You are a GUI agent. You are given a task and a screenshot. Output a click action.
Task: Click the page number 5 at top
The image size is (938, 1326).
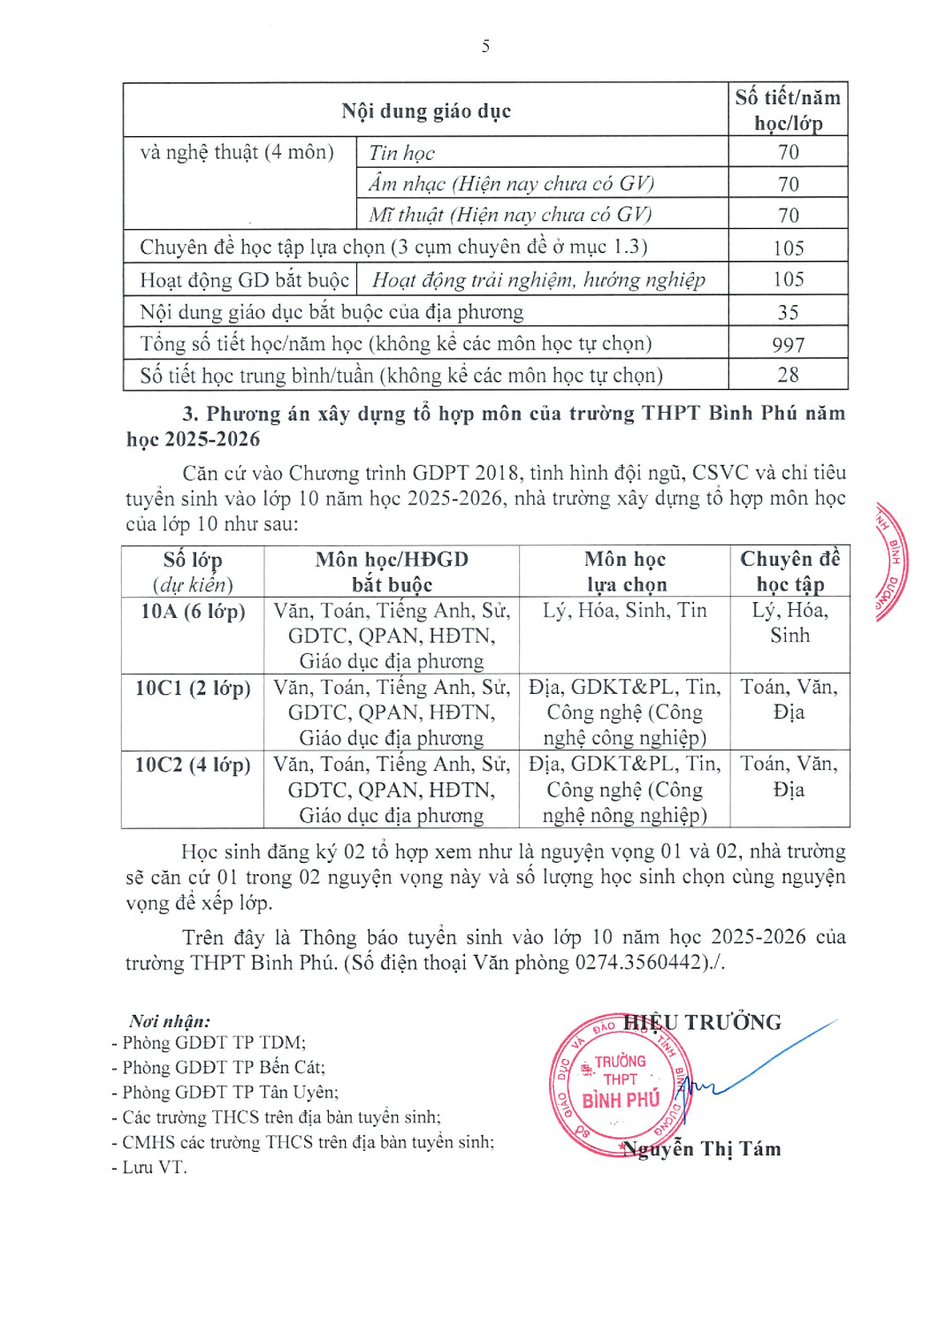[x=485, y=46]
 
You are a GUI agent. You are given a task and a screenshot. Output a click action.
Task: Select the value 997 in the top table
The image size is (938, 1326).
[x=788, y=345]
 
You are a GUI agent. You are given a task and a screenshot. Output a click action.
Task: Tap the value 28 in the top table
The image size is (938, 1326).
[x=788, y=375]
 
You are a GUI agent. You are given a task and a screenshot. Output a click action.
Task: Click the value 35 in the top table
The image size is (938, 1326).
[x=788, y=313]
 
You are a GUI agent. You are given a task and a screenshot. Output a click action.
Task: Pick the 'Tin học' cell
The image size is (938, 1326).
[x=402, y=153]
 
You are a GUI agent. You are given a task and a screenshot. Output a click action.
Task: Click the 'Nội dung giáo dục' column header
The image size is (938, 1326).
[x=426, y=111]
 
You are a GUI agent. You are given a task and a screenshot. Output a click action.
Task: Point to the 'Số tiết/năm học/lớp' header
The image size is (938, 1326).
[x=788, y=110]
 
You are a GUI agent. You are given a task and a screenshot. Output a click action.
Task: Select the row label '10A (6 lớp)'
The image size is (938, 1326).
[x=193, y=611]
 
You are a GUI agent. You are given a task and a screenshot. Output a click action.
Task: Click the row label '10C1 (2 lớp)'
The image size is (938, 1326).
[x=193, y=688]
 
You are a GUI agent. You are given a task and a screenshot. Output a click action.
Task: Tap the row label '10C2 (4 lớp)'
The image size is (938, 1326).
[x=193, y=765]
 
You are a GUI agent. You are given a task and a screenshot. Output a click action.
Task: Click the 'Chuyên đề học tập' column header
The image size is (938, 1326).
[x=789, y=571]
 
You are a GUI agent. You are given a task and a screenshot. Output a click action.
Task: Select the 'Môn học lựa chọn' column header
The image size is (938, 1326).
[x=625, y=571]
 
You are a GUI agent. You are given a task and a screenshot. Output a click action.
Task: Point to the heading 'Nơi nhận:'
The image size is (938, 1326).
[x=170, y=1021]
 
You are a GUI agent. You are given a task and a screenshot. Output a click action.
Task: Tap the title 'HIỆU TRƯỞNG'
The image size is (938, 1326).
[x=703, y=1023]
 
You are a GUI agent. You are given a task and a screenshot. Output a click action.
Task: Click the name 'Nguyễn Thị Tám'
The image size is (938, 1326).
[x=702, y=1149]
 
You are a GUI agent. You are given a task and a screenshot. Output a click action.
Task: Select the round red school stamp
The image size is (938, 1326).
[x=618, y=1086]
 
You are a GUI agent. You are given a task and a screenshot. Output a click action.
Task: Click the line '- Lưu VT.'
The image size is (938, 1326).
[x=149, y=1167]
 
